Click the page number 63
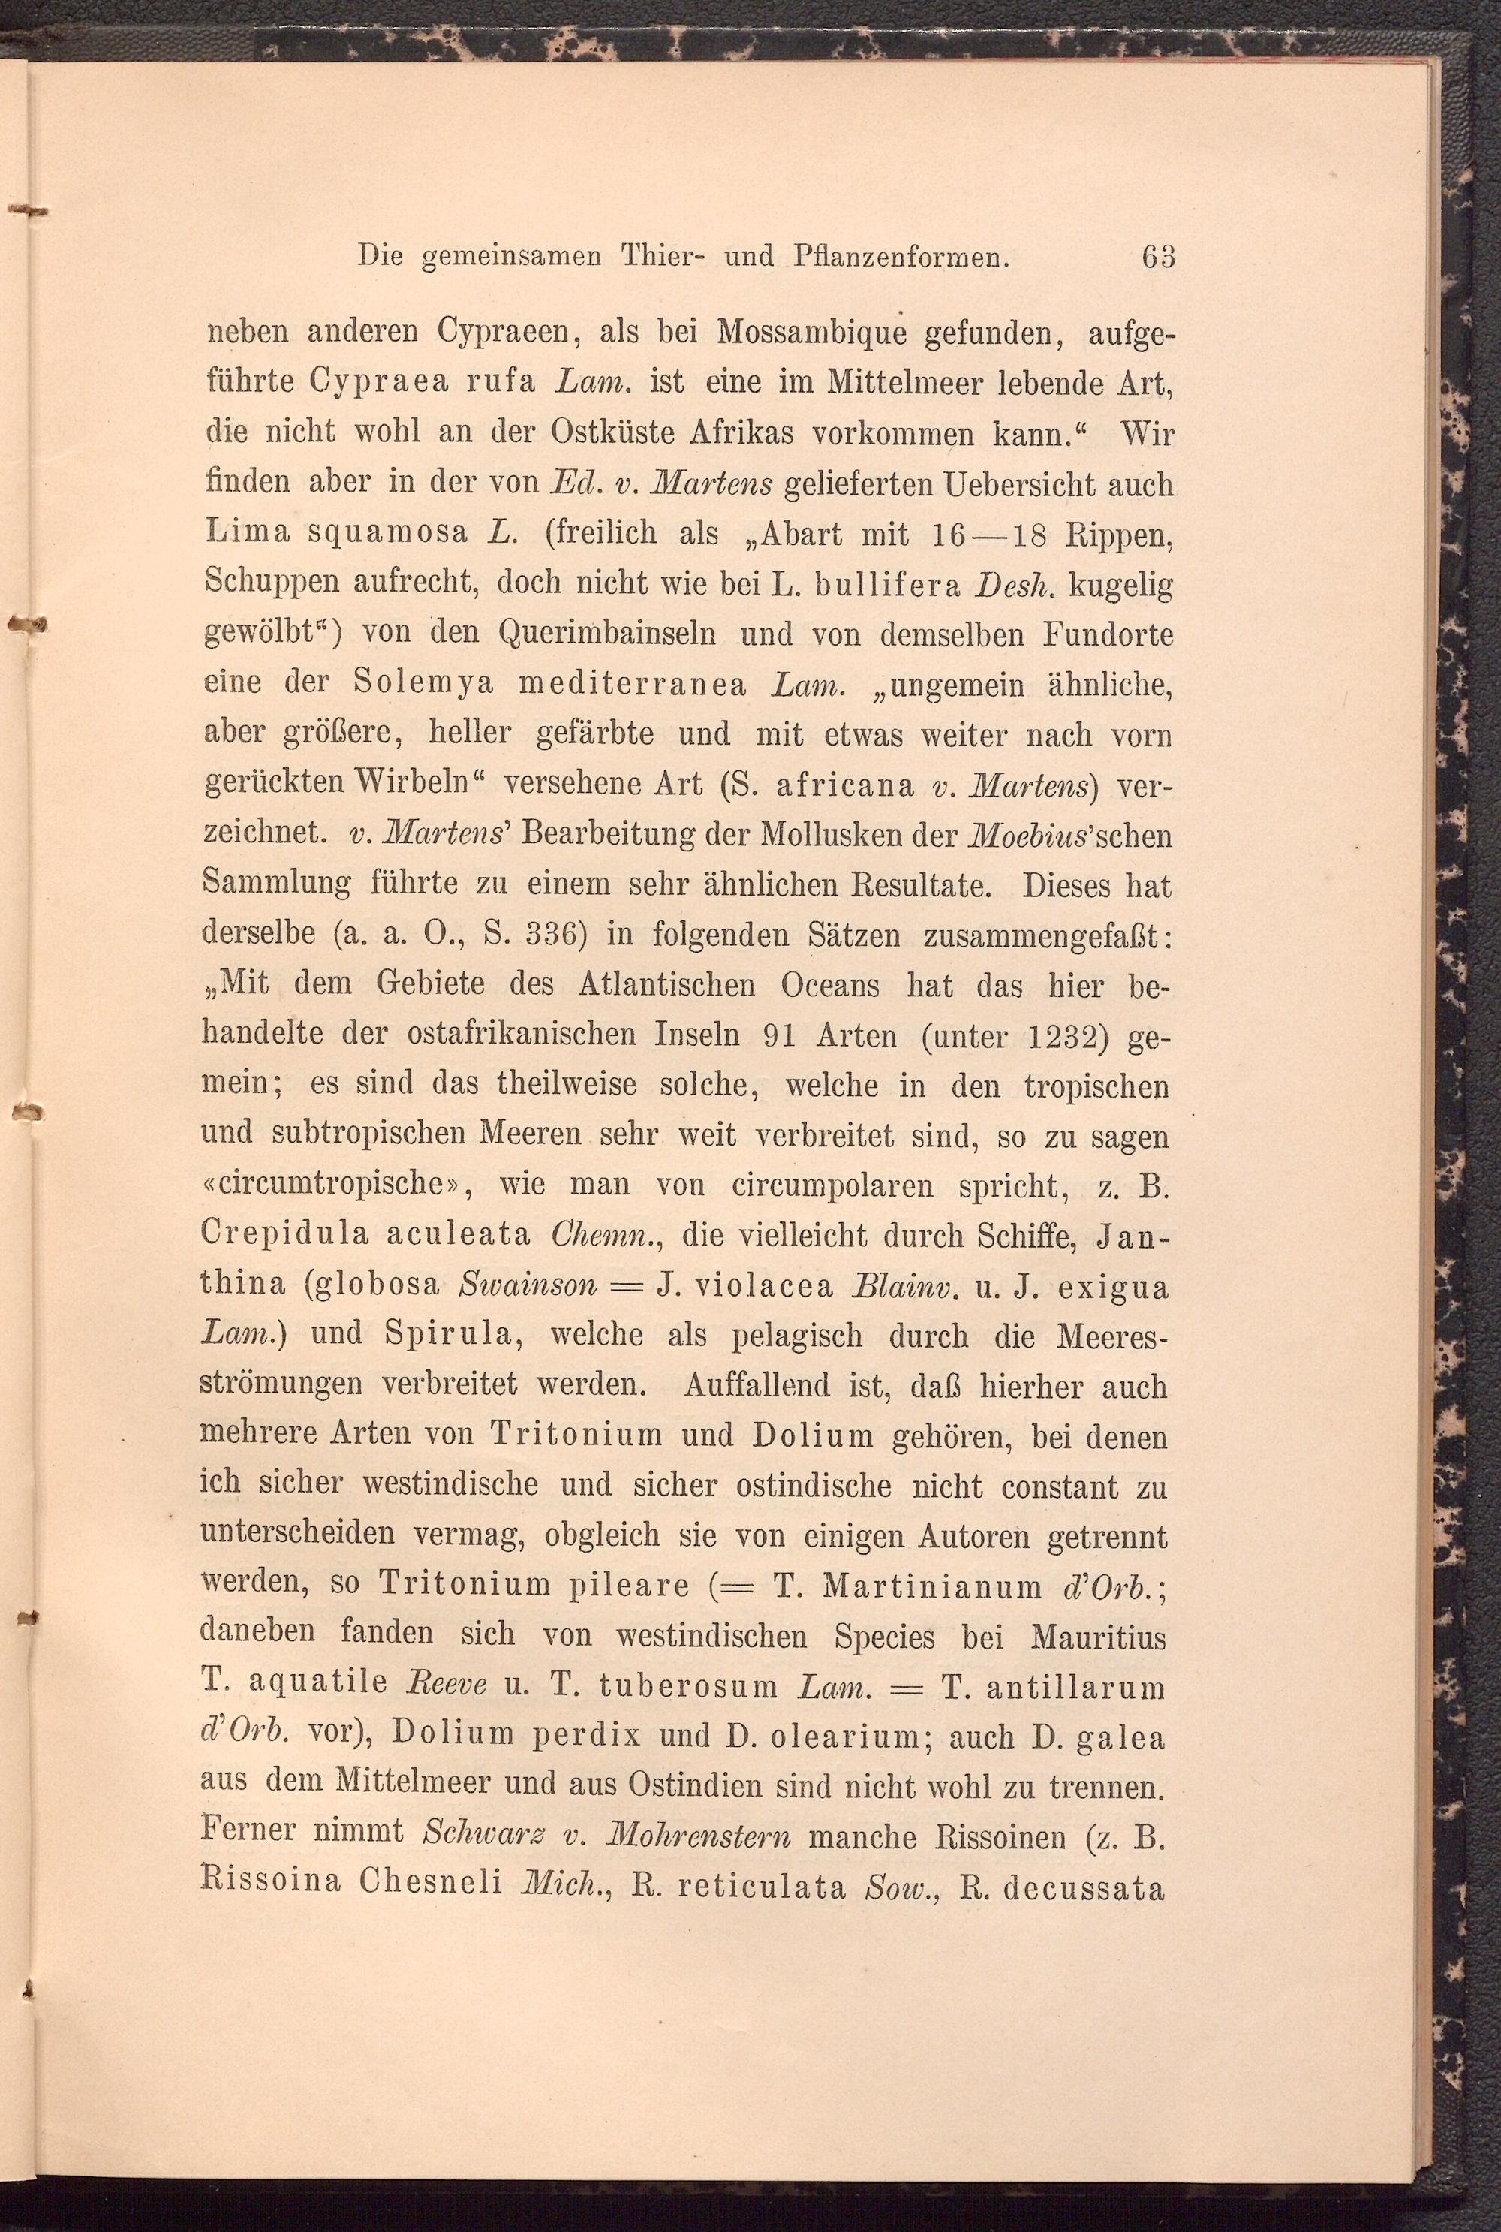pos(1157,257)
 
